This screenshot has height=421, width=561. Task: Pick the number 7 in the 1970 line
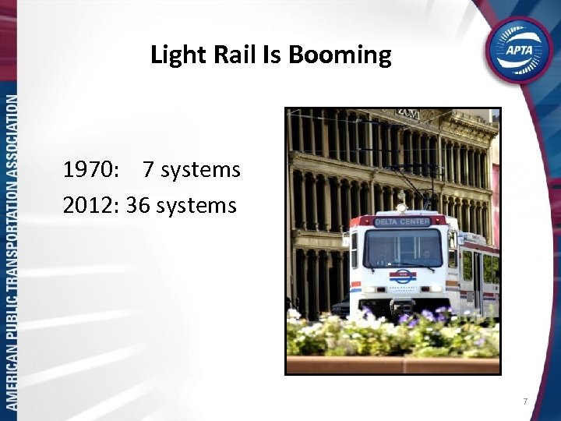point(148,169)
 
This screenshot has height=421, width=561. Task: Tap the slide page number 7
point(525,402)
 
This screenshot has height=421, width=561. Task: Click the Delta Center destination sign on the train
point(402,222)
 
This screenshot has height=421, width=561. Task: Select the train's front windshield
point(402,249)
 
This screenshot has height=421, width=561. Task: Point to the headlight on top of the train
point(402,208)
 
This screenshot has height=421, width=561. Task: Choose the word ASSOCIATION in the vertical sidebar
point(11,133)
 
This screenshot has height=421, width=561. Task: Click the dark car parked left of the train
point(340,306)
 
